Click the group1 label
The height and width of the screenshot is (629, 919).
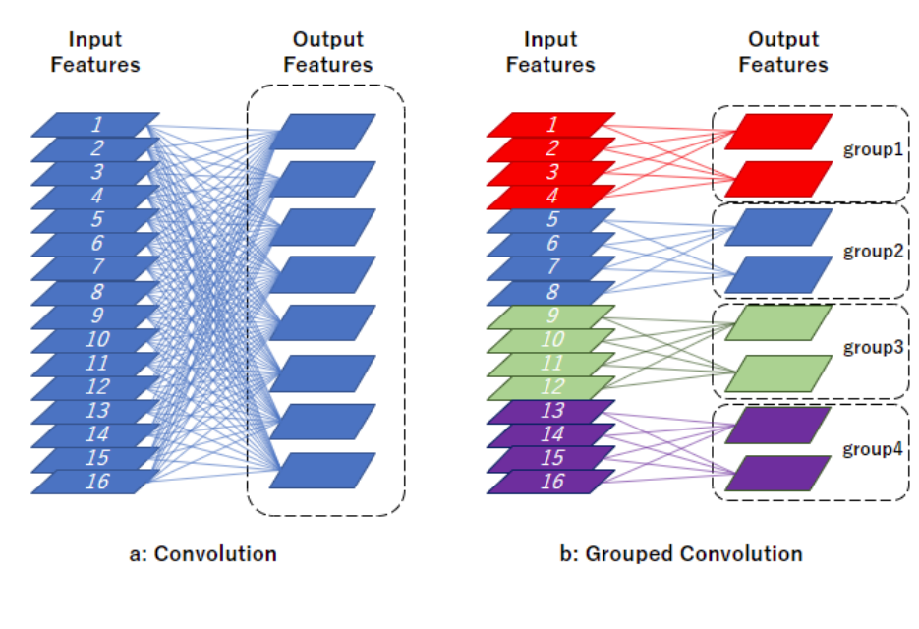click(x=873, y=149)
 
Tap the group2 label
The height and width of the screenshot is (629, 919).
click(x=873, y=251)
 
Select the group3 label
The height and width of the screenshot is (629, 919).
click(x=873, y=347)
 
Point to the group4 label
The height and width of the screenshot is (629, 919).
click(x=873, y=449)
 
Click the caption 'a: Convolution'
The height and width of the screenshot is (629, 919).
click(x=202, y=554)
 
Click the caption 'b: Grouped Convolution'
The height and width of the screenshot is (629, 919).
click(x=681, y=554)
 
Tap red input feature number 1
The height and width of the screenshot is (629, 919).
click(x=551, y=124)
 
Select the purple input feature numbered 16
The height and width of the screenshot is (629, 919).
click(x=551, y=482)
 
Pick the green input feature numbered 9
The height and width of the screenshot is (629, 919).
click(x=551, y=315)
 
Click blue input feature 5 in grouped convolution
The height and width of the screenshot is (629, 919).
click(x=551, y=219)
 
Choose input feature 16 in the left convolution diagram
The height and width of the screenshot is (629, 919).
click(x=95, y=482)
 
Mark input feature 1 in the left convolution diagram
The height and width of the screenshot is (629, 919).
click(x=95, y=124)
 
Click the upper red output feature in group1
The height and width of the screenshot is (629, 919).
click(x=778, y=132)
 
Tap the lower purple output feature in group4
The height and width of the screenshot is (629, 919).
click(x=778, y=473)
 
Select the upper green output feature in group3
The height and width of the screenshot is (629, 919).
click(x=778, y=322)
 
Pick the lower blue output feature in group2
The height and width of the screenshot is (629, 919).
click(x=778, y=274)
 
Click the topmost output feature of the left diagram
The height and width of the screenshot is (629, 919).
click(x=322, y=132)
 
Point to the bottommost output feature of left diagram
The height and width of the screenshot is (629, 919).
click(x=322, y=470)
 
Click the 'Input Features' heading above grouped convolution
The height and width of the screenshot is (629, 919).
click(x=550, y=51)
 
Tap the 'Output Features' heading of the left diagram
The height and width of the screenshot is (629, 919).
click(x=328, y=51)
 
